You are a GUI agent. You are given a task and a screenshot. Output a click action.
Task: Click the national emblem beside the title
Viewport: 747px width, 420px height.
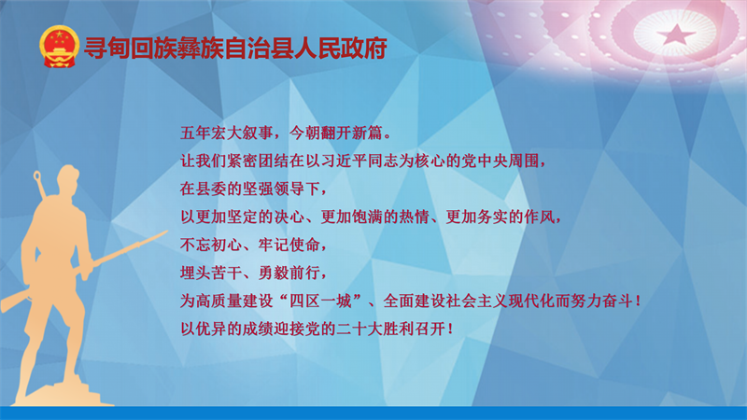click(x=59, y=47)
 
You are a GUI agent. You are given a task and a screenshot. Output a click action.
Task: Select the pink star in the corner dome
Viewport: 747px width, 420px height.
click(x=676, y=34)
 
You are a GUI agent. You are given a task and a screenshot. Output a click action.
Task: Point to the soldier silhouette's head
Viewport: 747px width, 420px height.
click(x=68, y=178)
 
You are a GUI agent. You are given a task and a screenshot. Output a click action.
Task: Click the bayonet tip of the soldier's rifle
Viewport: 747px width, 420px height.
click(x=166, y=231)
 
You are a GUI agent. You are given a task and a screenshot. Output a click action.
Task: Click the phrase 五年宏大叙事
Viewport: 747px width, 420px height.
click(x=226, y=133)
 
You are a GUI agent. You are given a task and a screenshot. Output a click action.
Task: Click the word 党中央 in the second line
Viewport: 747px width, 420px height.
click(x=485, y=161)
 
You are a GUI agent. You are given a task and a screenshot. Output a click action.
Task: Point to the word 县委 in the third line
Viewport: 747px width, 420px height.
click(x=211, y=189)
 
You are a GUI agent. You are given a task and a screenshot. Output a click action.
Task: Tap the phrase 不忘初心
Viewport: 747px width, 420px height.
click(x=211, y=245)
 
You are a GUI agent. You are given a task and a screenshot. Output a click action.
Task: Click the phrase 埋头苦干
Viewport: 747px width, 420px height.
click(x=211, y=273)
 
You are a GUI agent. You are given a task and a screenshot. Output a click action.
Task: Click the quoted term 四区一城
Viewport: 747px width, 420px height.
click(x=320, y=301)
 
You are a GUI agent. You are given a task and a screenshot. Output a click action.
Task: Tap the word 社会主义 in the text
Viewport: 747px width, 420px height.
click(x=477, y=301)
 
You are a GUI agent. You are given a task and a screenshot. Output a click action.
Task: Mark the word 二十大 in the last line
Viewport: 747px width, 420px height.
click(x=359, y=329)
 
